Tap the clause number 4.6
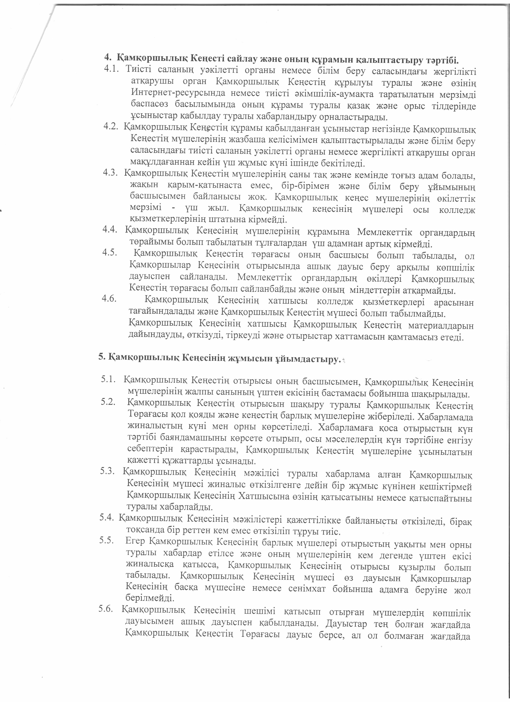click(x=109, y=299)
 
